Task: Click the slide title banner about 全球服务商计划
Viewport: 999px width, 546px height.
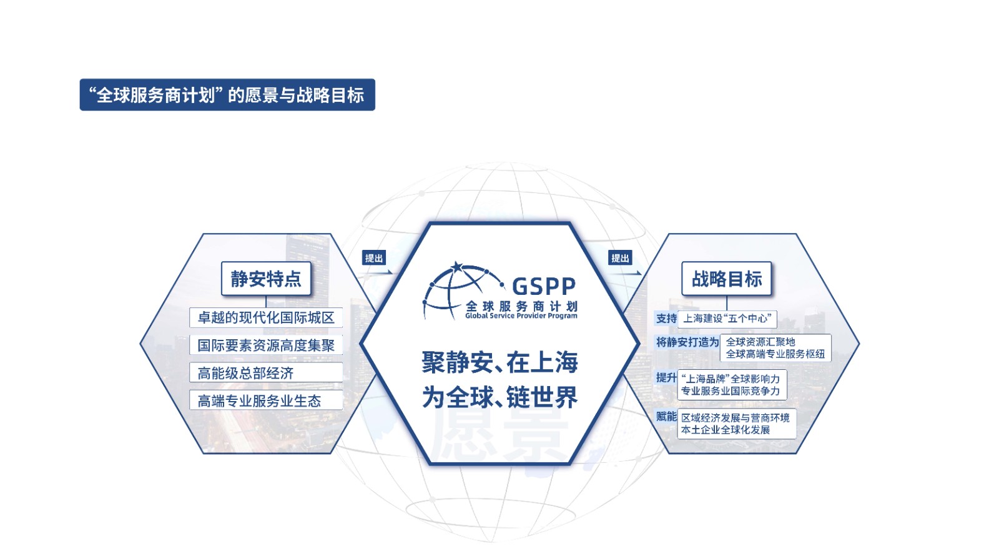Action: click(x=227, y=94)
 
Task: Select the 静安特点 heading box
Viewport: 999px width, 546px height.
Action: click(x=266, y=279)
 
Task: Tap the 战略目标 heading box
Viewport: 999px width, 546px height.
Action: click(x=727, y=279)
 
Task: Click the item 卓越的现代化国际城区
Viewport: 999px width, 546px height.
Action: click(x=266, y=317)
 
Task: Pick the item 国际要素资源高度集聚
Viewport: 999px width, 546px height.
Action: click(x=266, y=345)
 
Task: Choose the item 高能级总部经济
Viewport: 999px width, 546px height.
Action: click(x=266, y=373)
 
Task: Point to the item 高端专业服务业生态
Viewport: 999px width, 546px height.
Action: click(x=266, y=400)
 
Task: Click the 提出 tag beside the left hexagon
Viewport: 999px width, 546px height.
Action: click(x=374, y=258)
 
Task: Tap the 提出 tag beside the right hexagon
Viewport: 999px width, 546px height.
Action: click(x=620, y=258)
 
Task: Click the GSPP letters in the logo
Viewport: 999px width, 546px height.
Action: click(x=544, y=287)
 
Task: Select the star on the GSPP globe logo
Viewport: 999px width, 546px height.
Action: click(x=456, y=267)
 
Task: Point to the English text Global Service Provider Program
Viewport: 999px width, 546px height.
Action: click(x=521, y=316)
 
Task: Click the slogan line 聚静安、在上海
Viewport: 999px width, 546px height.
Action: click(x=499, y=362)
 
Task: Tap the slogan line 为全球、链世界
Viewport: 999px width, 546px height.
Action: click(x=499, y=397)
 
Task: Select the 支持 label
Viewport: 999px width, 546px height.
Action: click(x=666, y=319)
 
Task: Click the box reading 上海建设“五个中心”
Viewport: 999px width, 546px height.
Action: click(x=727, y=319)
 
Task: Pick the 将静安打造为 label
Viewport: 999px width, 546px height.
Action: click(x=687, y=342)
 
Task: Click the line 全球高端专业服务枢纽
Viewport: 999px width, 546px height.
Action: click(x=775, y=354)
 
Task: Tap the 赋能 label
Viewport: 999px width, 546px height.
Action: click(x=666, y=417)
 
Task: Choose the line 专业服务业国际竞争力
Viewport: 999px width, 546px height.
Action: click(x=731, y=391)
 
